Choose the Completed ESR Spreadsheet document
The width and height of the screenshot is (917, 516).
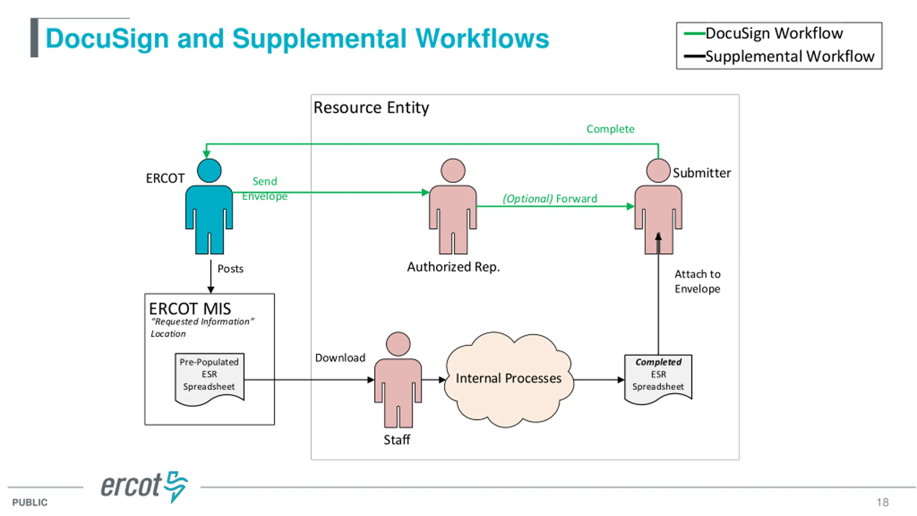pos(658,379)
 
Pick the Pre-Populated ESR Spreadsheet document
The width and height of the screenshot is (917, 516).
pos(209,379)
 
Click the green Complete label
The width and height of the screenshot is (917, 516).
pos(610,129)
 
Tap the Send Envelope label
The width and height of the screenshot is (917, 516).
pos(265,188)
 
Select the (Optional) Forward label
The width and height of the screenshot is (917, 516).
pos(550,199)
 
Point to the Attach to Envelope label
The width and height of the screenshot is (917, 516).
pos(697,281)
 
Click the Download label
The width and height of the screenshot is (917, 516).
pos(340,358)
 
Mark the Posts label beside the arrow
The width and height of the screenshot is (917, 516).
pos(230,269)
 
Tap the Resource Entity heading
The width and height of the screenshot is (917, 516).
pos(371,108)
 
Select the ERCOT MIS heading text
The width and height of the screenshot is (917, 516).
pos(190,309)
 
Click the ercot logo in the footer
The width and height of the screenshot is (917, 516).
pos(144,487)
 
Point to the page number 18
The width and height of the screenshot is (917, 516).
pos(883,502)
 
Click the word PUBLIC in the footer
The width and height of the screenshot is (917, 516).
pos(30,502)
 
